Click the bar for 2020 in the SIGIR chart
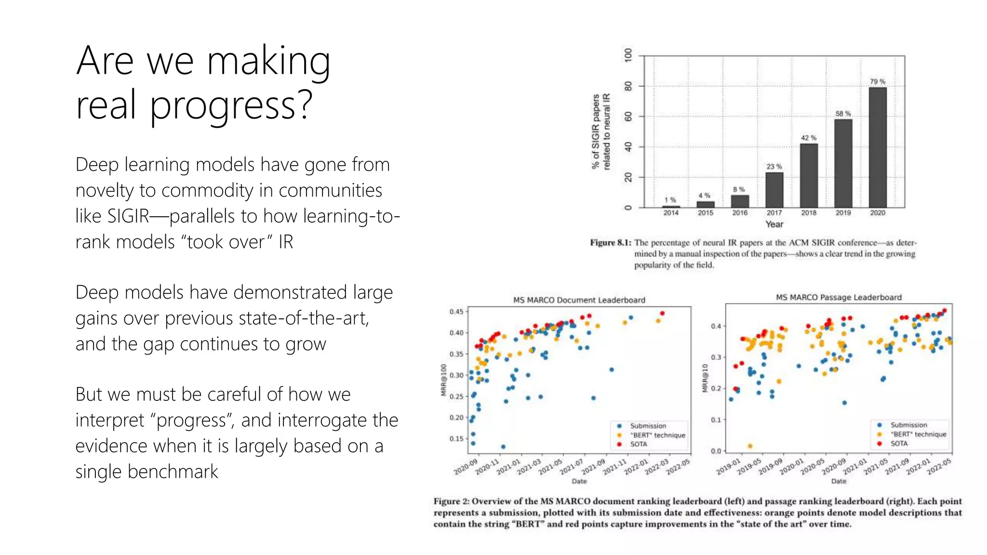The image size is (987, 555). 877,147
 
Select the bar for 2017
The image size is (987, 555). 774,190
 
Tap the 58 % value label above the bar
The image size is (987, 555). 843,114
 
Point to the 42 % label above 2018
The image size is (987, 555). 808,138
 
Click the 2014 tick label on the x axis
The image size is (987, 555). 670,213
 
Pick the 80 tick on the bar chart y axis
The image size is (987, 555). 628,86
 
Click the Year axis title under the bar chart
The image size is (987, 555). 774,225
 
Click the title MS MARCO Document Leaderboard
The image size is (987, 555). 579,300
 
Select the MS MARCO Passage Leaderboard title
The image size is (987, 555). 839,298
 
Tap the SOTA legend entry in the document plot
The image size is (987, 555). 638,444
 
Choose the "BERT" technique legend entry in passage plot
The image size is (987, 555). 918,434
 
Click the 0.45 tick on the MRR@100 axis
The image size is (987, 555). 456,312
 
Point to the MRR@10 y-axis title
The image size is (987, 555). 705,378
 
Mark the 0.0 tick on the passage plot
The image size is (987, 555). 716,451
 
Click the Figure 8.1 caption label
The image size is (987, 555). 610,243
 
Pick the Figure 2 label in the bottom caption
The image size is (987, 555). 451,502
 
